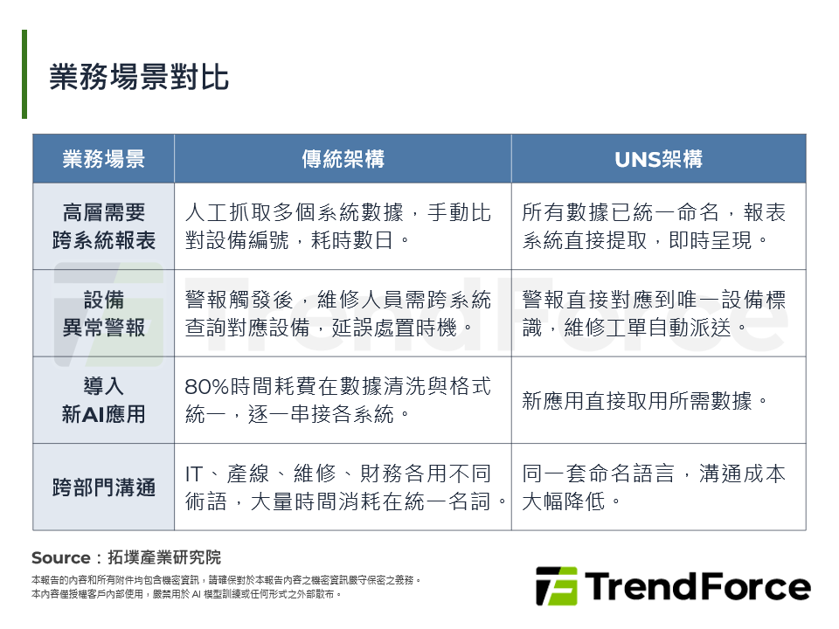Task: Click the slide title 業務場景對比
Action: (139, 77)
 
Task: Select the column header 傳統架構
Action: (343, 159)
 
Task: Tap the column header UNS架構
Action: (658, 159)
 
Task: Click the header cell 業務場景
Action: (104, 159)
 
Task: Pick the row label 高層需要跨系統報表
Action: (104, 226)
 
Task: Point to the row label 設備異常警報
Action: (104, 314)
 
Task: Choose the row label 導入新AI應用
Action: (104, 400)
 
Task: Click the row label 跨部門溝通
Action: (104, 487)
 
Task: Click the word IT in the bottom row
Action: (195, 474)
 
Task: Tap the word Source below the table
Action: (60, 557)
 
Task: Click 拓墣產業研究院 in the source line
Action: (163, 557)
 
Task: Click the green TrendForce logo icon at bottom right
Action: (556, 586)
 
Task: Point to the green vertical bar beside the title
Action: (24, 74)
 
